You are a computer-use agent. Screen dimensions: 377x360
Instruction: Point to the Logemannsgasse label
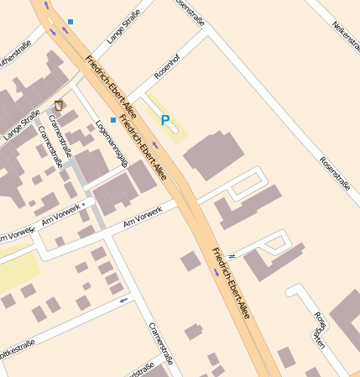112,144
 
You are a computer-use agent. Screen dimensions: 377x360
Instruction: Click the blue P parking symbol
165,122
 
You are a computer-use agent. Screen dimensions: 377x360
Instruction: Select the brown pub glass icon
59,105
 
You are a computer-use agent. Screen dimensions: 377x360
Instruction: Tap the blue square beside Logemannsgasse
113,120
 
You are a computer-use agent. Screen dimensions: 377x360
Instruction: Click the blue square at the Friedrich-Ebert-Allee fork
71,22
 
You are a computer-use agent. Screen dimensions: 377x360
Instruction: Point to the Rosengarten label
319,328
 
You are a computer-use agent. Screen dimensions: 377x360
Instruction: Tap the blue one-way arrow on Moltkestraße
124,299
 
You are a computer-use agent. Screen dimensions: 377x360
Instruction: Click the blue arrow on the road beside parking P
154,144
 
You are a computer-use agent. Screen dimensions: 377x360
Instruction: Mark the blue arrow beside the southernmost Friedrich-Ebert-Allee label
217,274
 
